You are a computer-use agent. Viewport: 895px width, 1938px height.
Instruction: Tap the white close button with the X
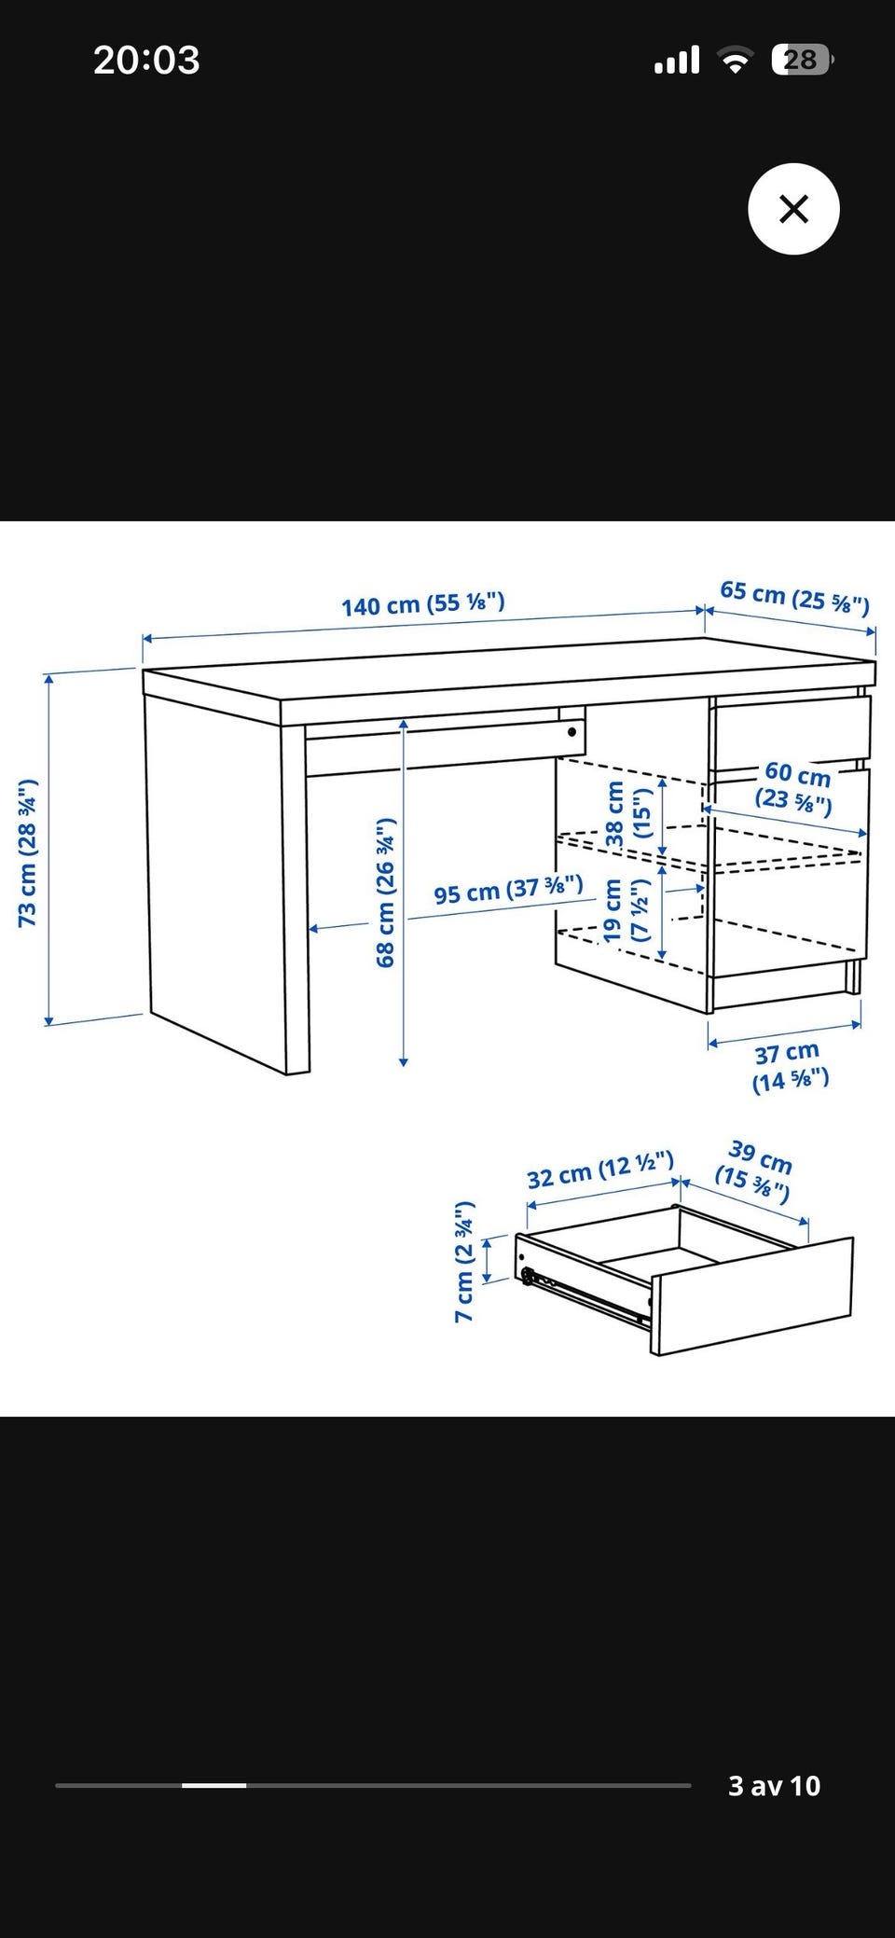793,209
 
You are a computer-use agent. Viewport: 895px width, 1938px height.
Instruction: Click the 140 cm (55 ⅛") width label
422,604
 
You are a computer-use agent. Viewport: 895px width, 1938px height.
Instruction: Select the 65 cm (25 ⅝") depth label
794,598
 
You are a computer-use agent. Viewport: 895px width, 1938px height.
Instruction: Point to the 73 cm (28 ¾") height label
27,852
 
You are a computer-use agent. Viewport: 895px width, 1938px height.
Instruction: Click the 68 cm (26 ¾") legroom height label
385,893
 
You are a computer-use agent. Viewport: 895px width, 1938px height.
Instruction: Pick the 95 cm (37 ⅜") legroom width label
508,890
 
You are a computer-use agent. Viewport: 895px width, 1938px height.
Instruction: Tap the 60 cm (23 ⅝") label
795,787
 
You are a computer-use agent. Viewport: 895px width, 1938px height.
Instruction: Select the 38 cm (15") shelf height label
626,814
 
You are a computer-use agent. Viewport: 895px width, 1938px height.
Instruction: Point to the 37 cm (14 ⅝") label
790,1067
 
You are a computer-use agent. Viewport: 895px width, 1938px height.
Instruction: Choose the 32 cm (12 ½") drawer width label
599,1170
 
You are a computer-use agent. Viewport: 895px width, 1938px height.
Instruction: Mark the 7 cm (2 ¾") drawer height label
464,1262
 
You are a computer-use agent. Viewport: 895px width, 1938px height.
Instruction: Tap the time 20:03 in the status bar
146,61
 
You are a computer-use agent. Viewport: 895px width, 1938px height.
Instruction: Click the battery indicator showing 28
802,61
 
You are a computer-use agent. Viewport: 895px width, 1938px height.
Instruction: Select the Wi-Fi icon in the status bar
736,62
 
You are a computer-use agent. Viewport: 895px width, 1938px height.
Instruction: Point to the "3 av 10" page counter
774,1785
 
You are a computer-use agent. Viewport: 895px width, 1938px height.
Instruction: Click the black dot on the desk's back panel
571,732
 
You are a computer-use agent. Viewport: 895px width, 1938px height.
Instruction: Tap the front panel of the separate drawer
751,1296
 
